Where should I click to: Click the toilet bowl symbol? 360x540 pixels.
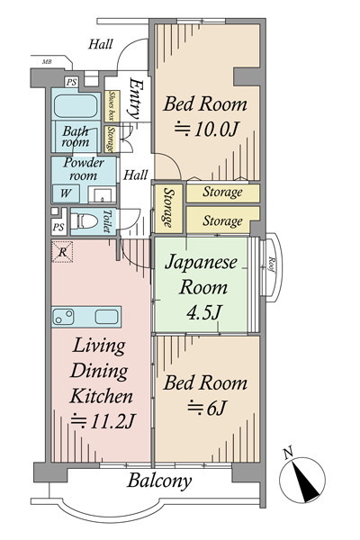point(84,221)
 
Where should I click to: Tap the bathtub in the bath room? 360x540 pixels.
point(76,106)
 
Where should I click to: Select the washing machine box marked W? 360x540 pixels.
point(66,193)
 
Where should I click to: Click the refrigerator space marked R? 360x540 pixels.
point(62,252)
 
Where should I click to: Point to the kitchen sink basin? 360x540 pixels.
point(107,317)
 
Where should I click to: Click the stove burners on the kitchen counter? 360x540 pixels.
point(64,317)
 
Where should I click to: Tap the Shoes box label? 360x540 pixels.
point(112,105)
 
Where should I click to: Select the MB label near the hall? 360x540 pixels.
point(47,62)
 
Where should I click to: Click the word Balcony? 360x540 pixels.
point(159,481)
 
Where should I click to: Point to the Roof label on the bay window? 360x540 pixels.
point(271,265)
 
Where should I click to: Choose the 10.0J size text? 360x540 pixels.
point(206,130)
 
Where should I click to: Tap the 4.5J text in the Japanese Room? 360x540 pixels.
point(203,312)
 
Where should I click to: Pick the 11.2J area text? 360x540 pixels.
point(103,421)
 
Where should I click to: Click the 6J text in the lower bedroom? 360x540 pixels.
point(206,409)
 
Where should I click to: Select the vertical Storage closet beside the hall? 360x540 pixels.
point(168,209)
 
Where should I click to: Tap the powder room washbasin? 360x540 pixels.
point(103,195)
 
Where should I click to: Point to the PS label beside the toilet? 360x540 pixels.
point(58,228)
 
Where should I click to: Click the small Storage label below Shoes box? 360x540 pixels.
point(111,139)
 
